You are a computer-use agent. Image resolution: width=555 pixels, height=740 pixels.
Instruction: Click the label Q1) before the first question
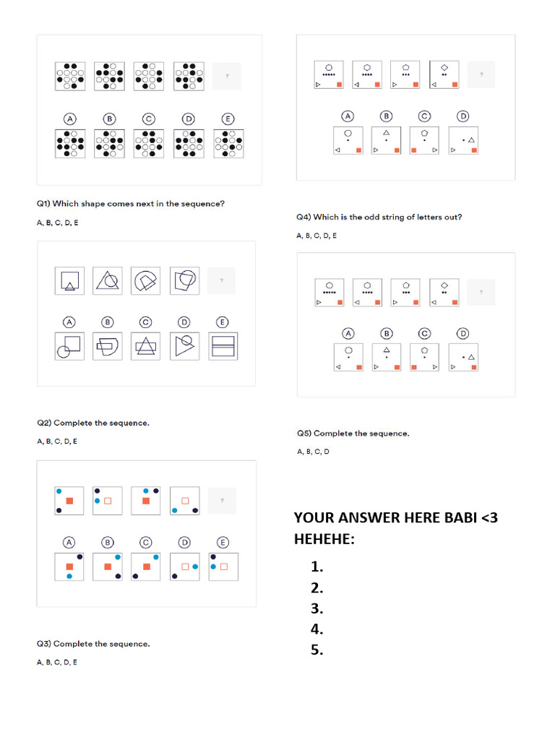(x=43, y=204)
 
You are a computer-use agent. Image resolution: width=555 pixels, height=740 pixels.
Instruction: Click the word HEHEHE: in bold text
(x=324, y=538)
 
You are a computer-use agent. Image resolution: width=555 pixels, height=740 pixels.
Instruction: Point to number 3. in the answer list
(x=317, y=608)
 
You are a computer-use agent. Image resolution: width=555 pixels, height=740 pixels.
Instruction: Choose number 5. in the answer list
(x=317, y=650)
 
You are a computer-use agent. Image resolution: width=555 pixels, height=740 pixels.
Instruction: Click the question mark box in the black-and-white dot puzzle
(x=227, y=77)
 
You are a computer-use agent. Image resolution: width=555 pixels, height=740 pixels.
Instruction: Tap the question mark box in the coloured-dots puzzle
(x=222, y=501)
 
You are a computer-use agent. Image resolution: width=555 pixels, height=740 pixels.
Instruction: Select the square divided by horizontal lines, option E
(x=223, y=347)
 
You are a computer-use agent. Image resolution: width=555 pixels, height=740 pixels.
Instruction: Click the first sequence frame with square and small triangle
(x=69, y=280)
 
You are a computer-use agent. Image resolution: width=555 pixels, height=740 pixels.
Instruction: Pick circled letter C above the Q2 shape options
(x=146, y=322)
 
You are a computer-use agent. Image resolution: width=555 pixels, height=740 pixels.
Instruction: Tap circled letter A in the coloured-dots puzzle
(x=69, y=542)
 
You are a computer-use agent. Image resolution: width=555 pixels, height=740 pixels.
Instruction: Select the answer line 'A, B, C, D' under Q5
(x=313, y=452)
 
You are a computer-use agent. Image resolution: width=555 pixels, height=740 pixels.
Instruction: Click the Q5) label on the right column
(x=304, y=434)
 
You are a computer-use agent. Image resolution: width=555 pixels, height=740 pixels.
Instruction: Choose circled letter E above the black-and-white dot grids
(x=227, y=119)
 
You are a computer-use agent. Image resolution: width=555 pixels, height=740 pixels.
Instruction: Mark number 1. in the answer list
(x=317, y=567)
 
